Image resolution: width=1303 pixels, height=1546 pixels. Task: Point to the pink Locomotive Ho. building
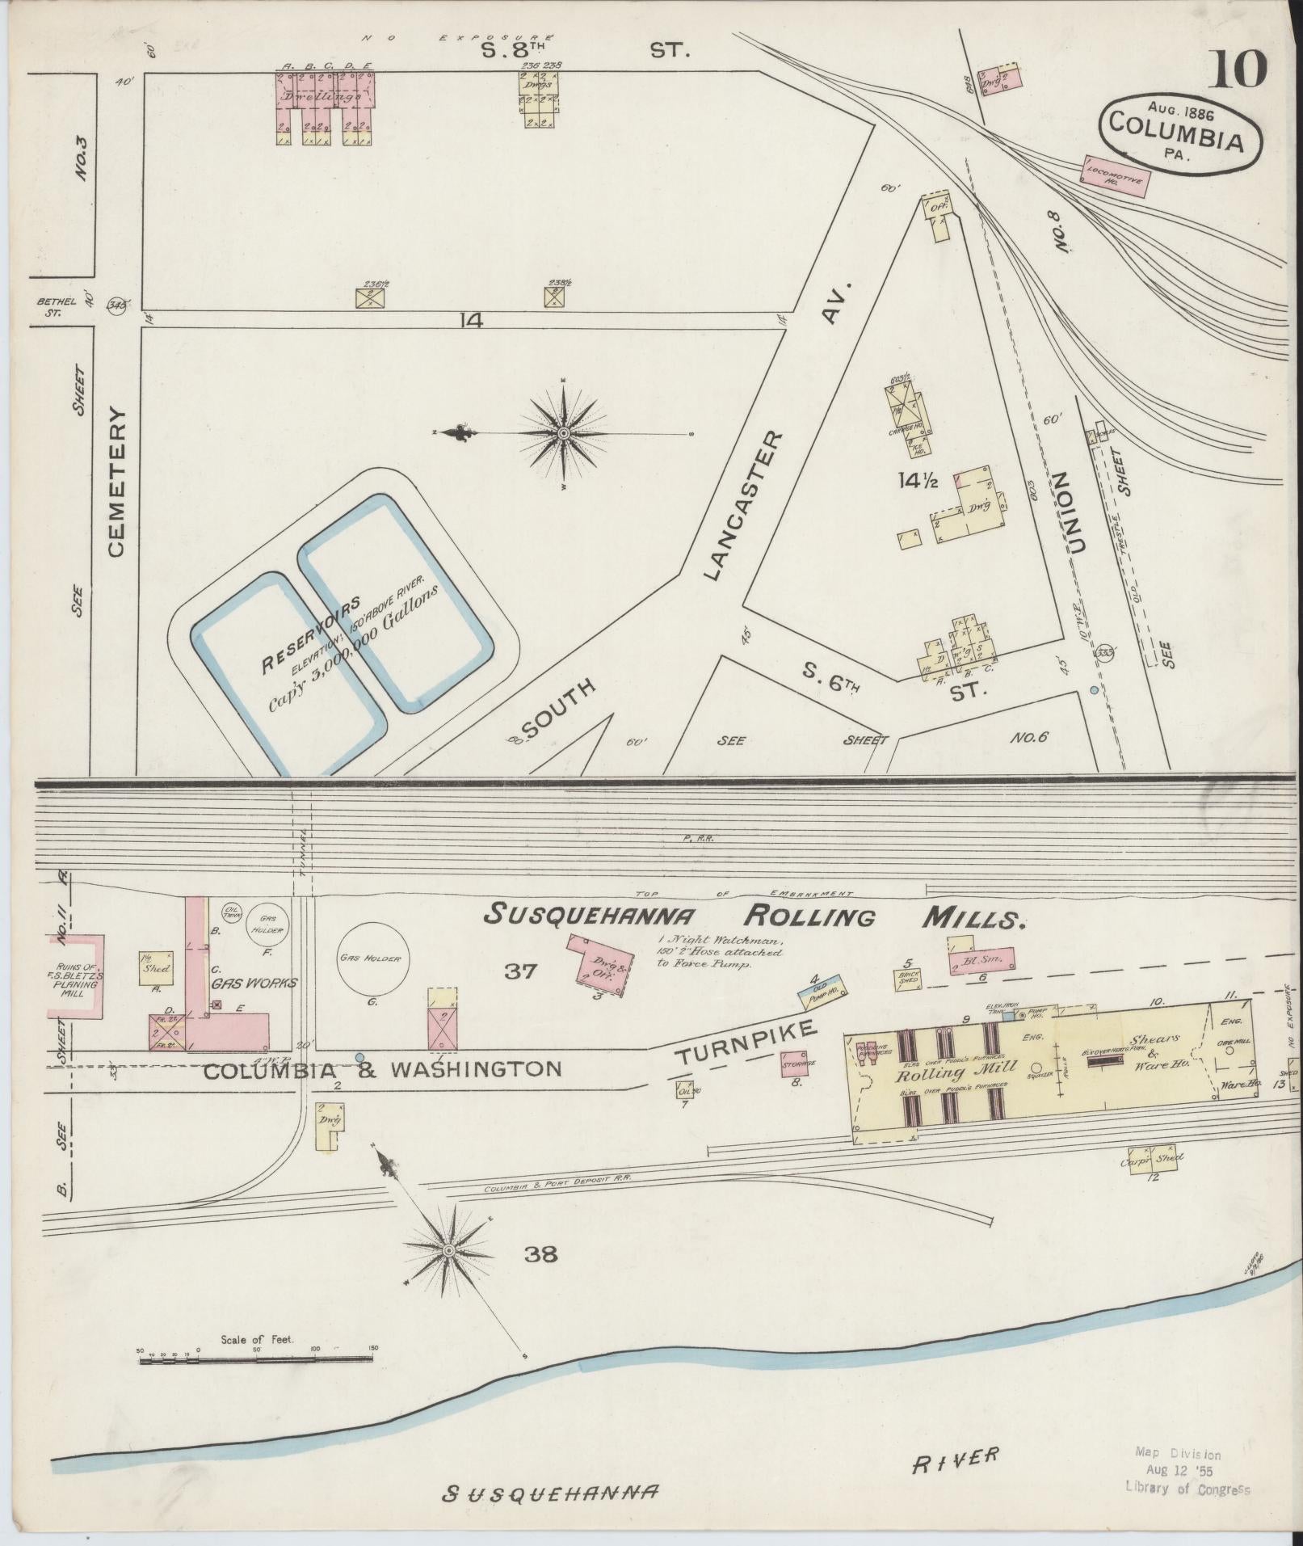point(1116,176)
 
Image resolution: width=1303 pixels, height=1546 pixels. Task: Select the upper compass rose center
point(563,434)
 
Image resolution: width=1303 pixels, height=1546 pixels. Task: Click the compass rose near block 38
point(447,1250)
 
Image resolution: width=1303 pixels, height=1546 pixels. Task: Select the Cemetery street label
point(116,482)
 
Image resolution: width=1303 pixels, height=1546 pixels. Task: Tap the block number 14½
point(918,481)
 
